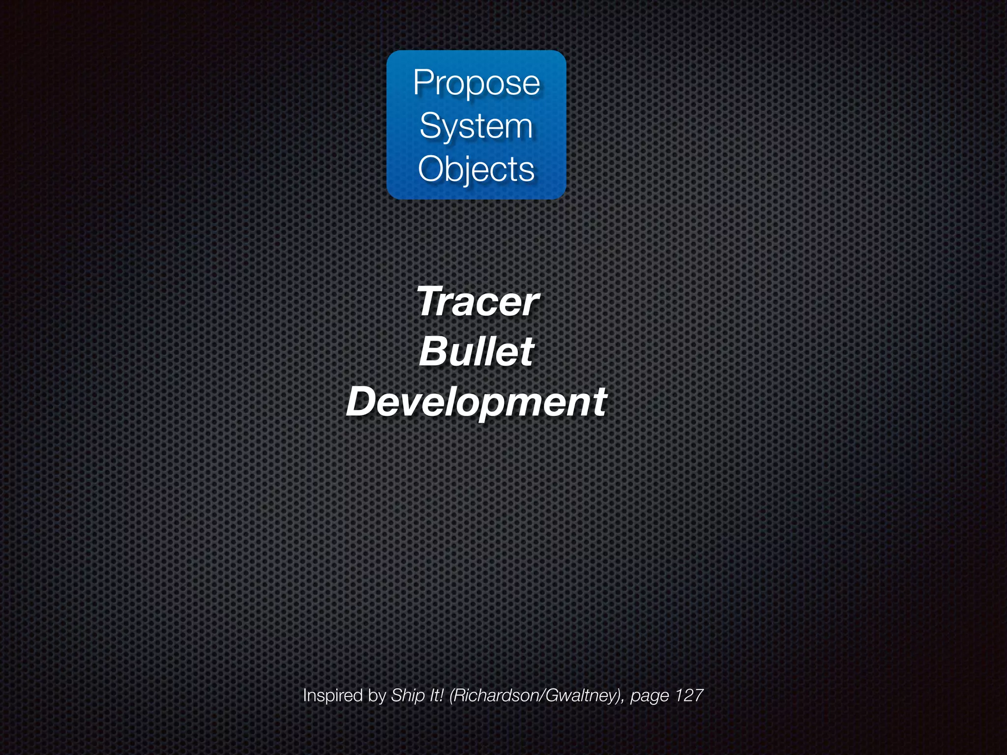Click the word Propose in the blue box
[x=476, y=83]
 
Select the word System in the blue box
[x=476, y=126]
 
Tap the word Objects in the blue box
[x=476, y=170]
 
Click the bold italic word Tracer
[x=477, y=302]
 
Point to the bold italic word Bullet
[x=476, y=352]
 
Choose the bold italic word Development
[x=476, y=402]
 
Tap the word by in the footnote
[x=377, y=696]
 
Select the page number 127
[x=688, y=696]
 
